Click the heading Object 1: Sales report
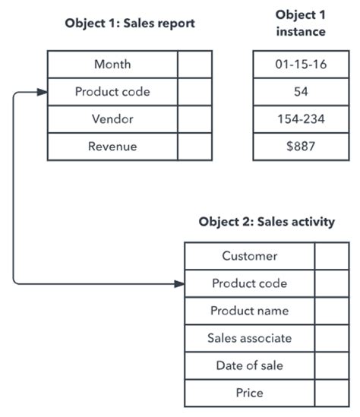coord(130,24)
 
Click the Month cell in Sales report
coord(112,65)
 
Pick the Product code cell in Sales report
coord(112,92)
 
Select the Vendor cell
coord(112,119)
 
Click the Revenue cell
coord(112,147)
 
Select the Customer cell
coord(249,256)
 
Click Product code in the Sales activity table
coord(249,283)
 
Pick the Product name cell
coord(249,311)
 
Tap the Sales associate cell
coord(249,338)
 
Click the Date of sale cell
coord(249,365)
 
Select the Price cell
coord(249,393)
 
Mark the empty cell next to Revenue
coord(195,147)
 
